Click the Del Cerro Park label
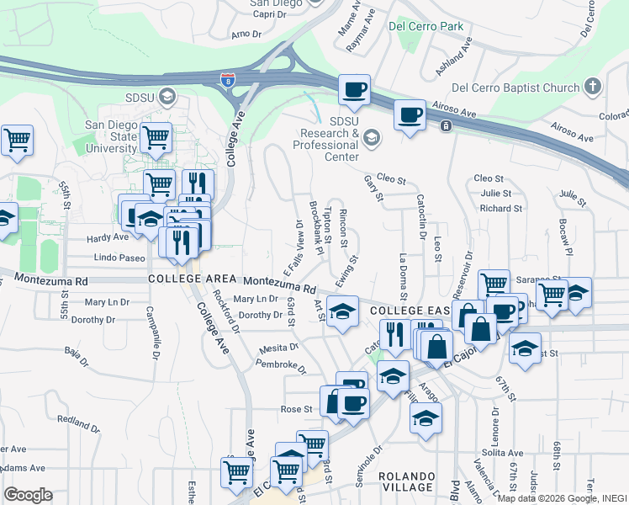(425, 26)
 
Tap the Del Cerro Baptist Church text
(515, 88)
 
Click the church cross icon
(593, 87)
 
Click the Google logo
(28, 495)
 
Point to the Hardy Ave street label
(108, 237)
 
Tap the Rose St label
(296, 409)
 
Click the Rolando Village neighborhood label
(406, 481)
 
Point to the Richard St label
(501, 208)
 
